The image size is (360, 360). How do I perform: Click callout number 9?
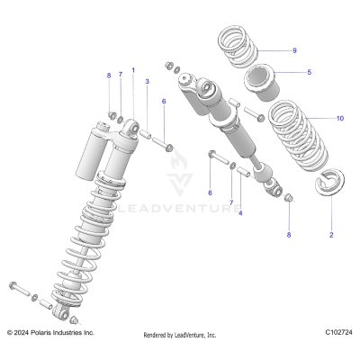point(293,50)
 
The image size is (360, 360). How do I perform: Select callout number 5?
point(309,71)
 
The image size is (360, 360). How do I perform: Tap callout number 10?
point(314,118)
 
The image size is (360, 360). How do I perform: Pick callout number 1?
point(133,69)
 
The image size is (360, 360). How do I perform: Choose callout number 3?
point(147,81)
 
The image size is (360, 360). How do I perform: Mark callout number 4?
point(240,213)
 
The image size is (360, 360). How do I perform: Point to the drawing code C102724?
point(337,333)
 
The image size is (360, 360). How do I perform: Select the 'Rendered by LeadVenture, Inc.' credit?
point(180,335)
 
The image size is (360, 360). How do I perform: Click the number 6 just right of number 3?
point(164,102)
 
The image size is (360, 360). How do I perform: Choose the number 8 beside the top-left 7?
point(109,76)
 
